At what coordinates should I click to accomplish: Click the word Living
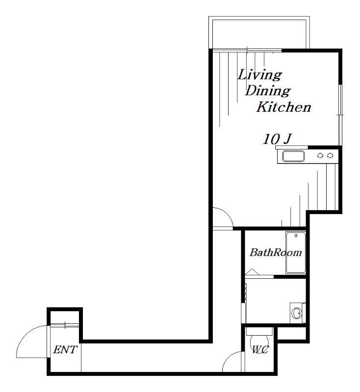click(259, 75)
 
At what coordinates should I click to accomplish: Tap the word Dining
click(268, 91)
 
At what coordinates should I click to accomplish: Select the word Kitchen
click(283, 107)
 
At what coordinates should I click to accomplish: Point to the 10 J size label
click(278, 139)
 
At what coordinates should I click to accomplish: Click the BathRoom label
click(276, 252)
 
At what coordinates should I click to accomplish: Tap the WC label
click(260, 349)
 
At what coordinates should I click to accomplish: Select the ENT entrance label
click(65, 349)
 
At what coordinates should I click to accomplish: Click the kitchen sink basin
click(293, 156)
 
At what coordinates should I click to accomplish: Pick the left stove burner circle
click(320, 155)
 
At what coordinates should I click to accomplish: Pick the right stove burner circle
click(330, 155)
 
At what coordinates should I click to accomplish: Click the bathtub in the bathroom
click(296, 252)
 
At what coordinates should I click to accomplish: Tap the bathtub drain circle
click(296, 236)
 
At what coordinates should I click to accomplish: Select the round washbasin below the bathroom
click(297, 313)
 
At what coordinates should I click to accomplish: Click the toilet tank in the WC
click(259, 331)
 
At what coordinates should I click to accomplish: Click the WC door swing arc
click(228, 358)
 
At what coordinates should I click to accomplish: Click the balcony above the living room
click(259, 32)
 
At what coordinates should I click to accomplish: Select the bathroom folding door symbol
click(252, 272)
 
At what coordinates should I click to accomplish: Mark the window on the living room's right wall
click(340, 115)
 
